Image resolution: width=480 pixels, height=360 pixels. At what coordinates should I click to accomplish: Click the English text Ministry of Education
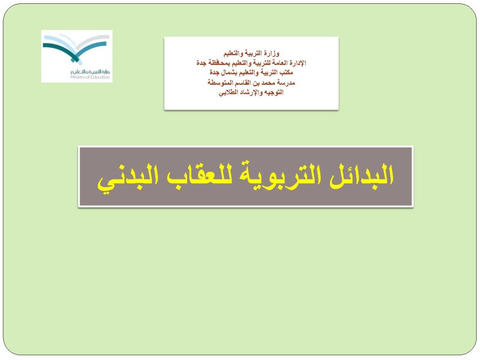pos(90,77)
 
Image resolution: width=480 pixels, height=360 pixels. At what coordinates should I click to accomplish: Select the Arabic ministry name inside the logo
pos(90,72)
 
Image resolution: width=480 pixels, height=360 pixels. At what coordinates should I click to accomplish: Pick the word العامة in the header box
pos(280,63)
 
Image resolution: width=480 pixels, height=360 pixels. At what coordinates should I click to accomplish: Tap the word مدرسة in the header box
pos(287,82)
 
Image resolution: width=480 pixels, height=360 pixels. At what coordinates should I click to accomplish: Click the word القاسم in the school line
pos(243,82)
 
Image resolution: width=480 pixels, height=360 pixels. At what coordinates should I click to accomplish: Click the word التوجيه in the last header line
pos(274,92)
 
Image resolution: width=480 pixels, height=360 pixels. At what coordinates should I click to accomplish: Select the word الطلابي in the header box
pos(228,92)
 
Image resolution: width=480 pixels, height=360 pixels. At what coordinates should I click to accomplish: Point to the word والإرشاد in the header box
pos(251,92)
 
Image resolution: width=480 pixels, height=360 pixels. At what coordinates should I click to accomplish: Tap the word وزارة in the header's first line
pos(272,54)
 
